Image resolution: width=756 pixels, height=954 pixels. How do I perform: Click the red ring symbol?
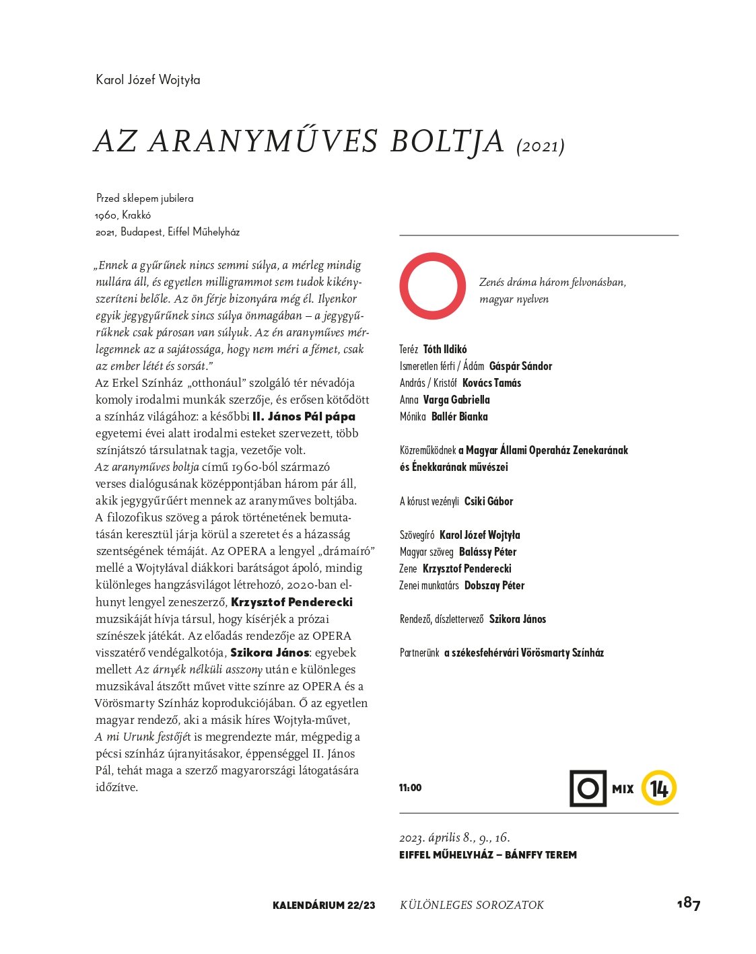click(x=433, y=286)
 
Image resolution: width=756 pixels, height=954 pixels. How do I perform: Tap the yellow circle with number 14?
click(x=658, y=788)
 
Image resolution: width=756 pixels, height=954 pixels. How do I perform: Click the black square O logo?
click(x=588, y=788)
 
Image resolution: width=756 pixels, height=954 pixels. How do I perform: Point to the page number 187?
click(x=689, y=904)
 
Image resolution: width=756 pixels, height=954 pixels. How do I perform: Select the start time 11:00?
click(x=410, y=788)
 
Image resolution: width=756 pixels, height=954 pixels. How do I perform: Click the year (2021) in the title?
click(x=540, y=146)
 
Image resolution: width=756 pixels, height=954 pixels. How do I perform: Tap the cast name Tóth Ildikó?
click(x=444, y=349)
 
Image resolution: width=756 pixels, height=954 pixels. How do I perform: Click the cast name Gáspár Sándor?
click(x=520, y=366)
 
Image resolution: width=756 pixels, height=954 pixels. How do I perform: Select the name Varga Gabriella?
click(x=456, y=400)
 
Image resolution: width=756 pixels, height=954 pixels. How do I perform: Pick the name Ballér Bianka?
click(x=459, y=416)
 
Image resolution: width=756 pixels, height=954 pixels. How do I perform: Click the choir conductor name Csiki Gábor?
click(x=489, y=501)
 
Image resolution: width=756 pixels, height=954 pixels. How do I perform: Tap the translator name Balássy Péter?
click(x=487, y=552)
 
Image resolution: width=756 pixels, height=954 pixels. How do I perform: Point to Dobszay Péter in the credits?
click(x=494, y=585)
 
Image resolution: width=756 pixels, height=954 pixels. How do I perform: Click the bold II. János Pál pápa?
click(x=304, y=416)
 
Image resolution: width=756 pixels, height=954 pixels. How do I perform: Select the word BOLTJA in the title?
click(x=447, y=141)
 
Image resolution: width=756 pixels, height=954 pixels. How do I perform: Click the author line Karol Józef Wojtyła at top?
click(x=148, y=80)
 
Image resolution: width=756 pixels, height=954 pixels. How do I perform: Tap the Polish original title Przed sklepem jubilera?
click(x=145, y=198)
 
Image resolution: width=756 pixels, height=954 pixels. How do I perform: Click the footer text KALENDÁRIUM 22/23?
click(x=324, y=906)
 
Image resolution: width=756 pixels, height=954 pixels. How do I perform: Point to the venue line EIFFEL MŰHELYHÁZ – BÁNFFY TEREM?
click(x=487, y=855)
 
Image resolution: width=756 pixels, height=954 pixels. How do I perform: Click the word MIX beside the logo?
click(x=623, y=789)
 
